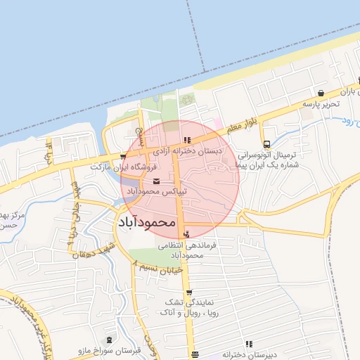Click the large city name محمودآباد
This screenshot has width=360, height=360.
(x=143, y=221)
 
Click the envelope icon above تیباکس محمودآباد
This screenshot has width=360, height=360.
(x=156, y=181)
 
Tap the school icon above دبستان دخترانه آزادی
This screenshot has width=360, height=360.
(x=187, y=140)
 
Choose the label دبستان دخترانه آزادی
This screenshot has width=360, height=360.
(x=188, y=150)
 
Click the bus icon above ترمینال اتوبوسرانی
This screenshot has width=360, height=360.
(x=265, y=144)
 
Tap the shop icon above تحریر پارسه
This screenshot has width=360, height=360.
(x=321, y=93)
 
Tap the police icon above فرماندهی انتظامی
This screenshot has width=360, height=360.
(x=186, y=234)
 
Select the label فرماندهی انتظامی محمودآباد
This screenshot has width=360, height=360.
(x=181, y=250)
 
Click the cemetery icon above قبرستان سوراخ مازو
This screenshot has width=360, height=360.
(x=108, y=340)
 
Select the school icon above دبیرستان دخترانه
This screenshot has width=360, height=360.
(x=249, y=345)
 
